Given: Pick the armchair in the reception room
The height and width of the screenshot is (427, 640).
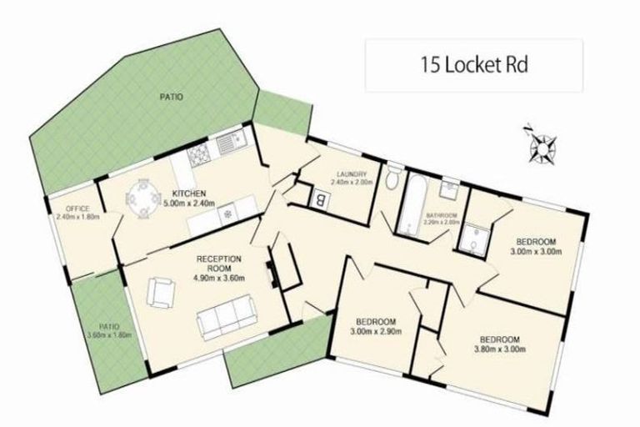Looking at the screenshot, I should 161,292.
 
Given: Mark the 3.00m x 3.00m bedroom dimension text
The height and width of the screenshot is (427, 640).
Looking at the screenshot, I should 533,251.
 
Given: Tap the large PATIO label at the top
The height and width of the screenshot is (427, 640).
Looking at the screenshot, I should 172,98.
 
